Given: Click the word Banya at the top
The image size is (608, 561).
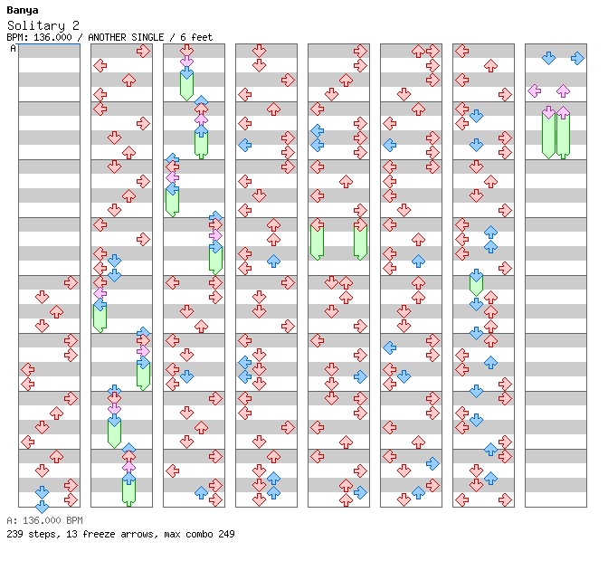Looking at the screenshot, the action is click(x=23, y=11).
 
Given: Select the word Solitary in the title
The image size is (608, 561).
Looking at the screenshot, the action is click(x=36, y=26).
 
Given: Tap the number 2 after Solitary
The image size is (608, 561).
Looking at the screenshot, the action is click(x=76, y=25).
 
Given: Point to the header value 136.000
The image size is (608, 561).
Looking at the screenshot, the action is click(x=52, y=38).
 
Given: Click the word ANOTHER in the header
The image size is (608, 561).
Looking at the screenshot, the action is click(x=107, y=38).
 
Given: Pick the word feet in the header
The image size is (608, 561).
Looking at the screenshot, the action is click(x=202, y=38).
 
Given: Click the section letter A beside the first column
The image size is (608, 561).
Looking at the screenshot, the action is click(x=14, y=49).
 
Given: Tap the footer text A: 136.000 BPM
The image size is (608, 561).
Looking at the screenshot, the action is click(x=44, y=520).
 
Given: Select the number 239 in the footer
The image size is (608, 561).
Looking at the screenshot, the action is click(x=14, y=534).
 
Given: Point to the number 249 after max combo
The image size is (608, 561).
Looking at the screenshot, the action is click(x=226, y=534).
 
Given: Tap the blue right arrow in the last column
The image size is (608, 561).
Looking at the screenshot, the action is click(x=577, y=58).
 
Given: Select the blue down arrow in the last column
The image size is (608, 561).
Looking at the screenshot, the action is click(x=548, y=58).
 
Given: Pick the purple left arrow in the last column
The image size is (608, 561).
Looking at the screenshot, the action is click(x=535, y=91).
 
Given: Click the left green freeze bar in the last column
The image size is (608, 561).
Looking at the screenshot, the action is click(x=548, y=135).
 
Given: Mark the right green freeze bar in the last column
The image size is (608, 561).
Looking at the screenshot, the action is click(x=563, y=135).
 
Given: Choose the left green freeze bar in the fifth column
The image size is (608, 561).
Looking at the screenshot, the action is click(x=318, y=242).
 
